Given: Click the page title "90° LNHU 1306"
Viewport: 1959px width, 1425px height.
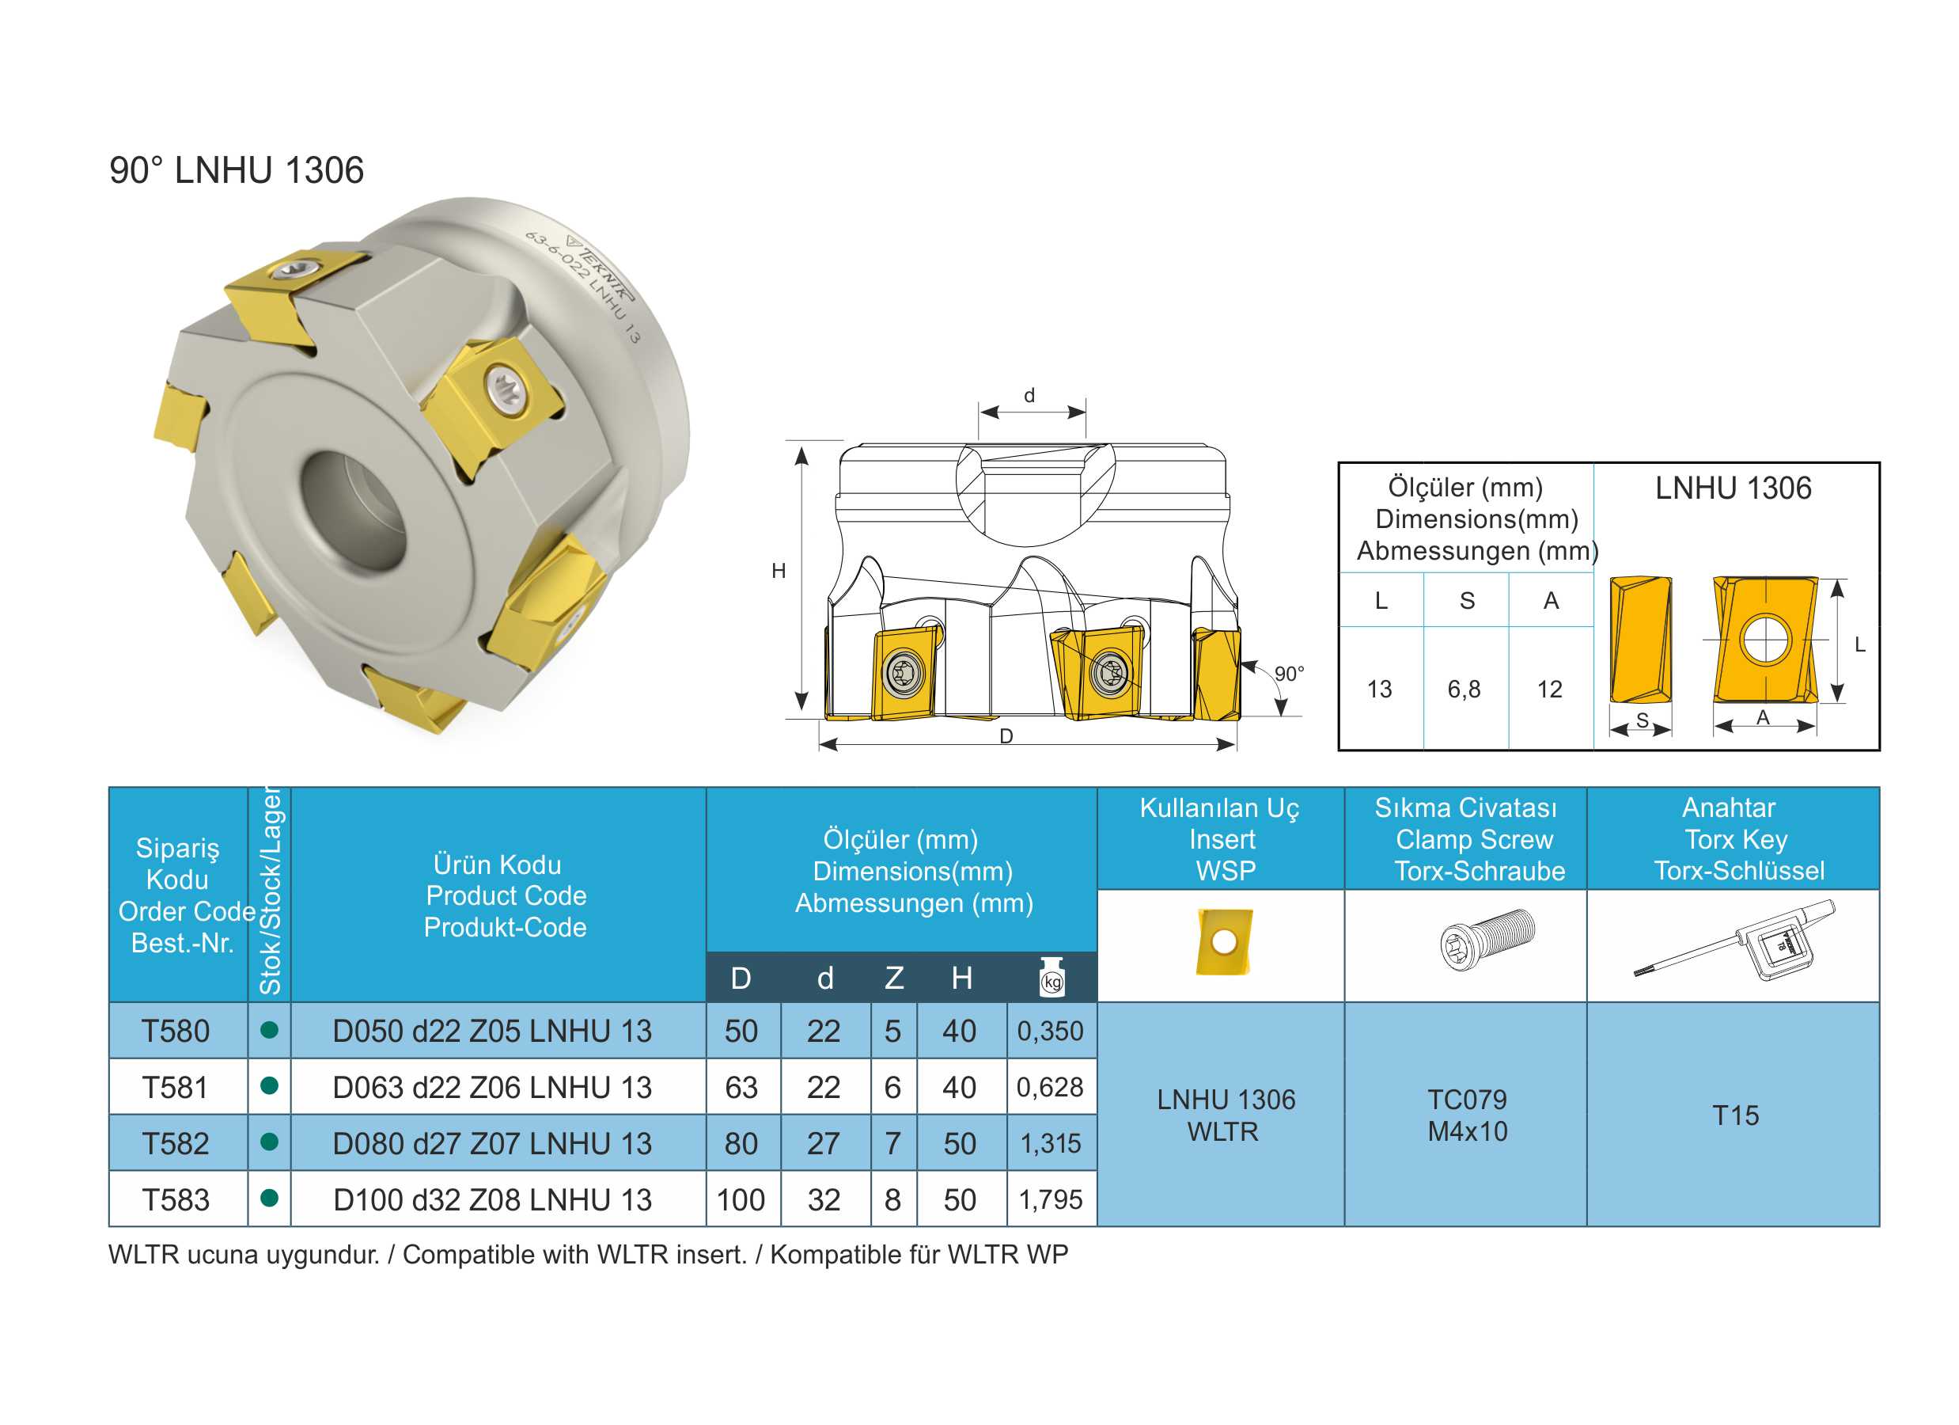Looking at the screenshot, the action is coord(236,170).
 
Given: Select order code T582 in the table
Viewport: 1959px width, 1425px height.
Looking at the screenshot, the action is coord(176,1143).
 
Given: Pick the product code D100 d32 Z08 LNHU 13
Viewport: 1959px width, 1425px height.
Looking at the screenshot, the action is coord(492,1199).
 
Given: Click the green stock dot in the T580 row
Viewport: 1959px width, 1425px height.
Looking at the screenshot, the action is coord(270,1029).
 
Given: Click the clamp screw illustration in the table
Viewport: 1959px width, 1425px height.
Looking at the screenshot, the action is coord(1487,940).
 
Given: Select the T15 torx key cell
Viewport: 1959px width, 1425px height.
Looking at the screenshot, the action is coord(1735,1115).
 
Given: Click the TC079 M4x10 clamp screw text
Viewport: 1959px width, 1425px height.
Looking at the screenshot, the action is coord(1468,1115).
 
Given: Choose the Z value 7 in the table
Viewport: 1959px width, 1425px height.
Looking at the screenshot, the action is coord(893,1143).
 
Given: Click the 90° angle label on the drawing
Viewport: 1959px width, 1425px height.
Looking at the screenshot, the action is coord(1289,674).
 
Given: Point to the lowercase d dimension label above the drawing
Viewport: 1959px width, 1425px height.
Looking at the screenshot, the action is coord(1029,395).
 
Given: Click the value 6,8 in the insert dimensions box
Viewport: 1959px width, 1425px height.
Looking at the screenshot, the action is coord(1464,689).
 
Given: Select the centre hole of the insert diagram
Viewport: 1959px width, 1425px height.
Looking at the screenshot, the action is coord(1765,640).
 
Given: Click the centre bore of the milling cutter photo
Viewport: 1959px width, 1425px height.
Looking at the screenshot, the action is coord(355,510).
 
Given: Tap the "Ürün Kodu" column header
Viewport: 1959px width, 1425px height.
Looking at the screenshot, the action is coord(498,864).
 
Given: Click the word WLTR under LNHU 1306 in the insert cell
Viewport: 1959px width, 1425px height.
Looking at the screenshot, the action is coord(1223,1131).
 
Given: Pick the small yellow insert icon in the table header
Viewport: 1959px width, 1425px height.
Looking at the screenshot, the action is coord(1224,941).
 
